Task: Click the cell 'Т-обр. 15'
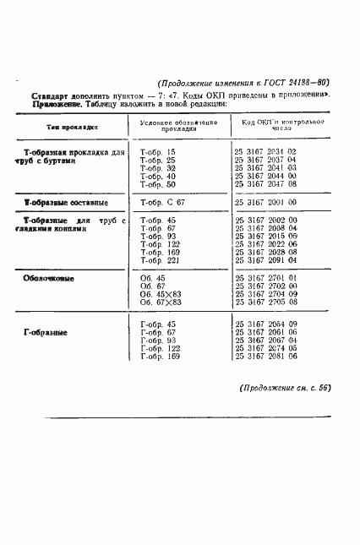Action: [x=158, y=151]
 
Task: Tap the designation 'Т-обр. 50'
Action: [x=158, y=183]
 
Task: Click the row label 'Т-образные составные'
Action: [x=66, y=204]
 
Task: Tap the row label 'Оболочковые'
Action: [x=50, y=277]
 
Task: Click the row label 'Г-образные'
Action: [x=46, y=332]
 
